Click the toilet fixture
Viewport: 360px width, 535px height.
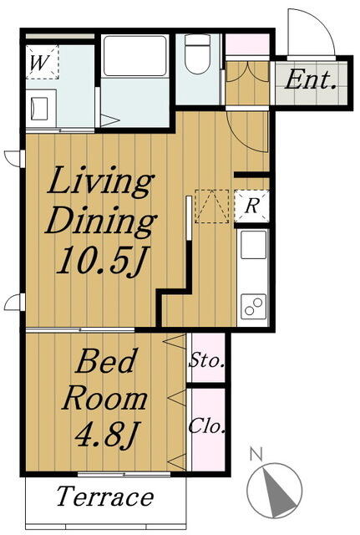click(x=197, y=53)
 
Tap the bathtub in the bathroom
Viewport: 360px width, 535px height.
click(x=135, y=56)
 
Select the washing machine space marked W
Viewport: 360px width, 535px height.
click(x=43, y=62)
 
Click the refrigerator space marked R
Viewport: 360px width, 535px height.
click(x=252, y=206)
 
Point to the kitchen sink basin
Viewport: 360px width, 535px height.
click(x=253, y=245)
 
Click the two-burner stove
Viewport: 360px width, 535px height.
click(x=253, y=306)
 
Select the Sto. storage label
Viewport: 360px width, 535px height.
click(x=206, y=360)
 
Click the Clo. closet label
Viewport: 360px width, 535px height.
click(x=206, y=426)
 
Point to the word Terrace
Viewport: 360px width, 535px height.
click(x=105, y=497)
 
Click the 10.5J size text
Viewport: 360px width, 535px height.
click(x=102, y=260)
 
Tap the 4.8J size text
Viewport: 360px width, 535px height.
click(x=106, y=434)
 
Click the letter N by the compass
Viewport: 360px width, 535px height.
click(x=256, y=455)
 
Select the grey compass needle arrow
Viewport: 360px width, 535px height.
click(x=277, y=492)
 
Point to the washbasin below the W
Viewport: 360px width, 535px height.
click(x=40, y=109)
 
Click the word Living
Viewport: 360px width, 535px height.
click(x=100, y=181)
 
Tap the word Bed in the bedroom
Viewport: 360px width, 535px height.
click(x=106, y=360)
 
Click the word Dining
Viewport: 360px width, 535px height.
click(x=101, y=220)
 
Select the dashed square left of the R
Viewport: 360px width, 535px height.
click(x=211, y=206)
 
